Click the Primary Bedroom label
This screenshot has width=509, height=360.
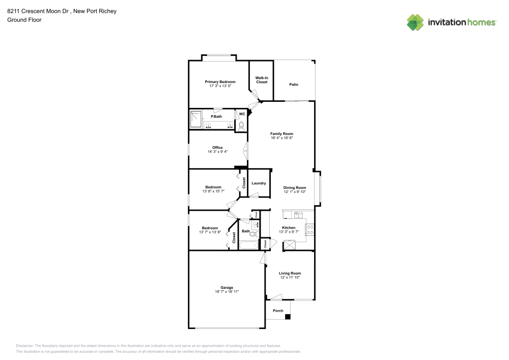[220, 82]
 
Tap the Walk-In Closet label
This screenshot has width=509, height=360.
[262, 80]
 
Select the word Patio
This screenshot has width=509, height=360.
[294, 84]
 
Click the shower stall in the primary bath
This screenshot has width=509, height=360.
[196, 120]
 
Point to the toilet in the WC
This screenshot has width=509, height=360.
[241, 124]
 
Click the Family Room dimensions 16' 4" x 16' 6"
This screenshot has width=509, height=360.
[281, 138]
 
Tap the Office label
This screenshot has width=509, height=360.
[217, 148]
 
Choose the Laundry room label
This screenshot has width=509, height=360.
[259, 183]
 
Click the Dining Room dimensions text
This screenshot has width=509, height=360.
[294, 192]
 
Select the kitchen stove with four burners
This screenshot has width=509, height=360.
[309, 230]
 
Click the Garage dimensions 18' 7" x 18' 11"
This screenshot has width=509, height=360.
[227, 292]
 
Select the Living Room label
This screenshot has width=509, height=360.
[290, 273]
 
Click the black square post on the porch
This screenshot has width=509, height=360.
[288, 317]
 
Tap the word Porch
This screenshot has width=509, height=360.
[278, 311]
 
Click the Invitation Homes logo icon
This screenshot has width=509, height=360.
[415, 22]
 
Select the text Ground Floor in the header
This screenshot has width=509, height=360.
[24, 20]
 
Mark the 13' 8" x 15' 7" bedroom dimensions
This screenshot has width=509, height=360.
[212, 191]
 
